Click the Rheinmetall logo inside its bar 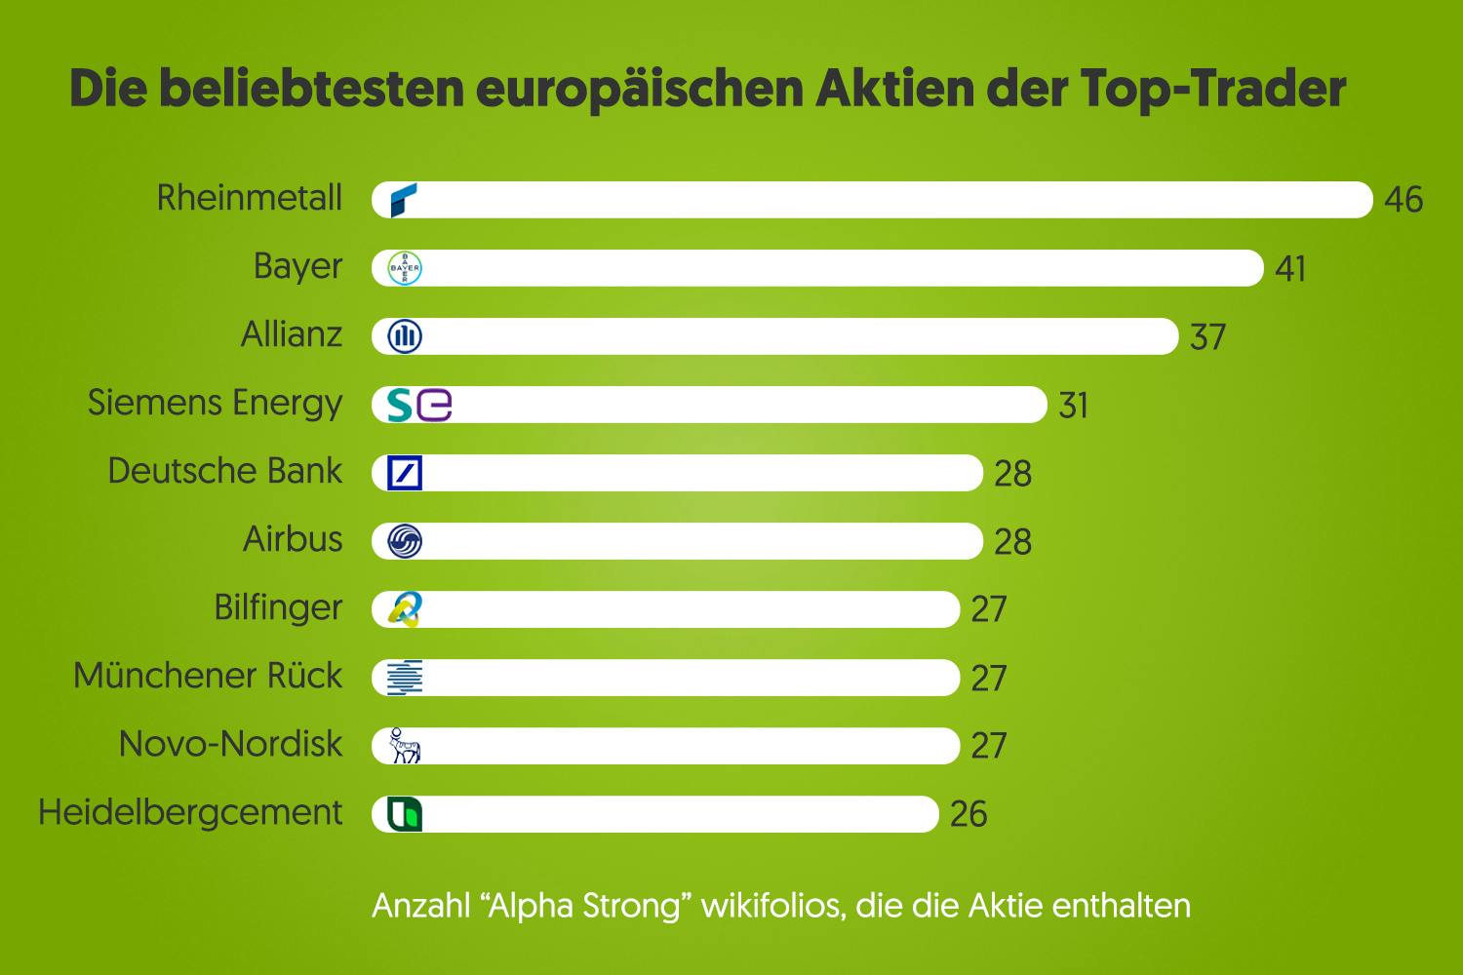pyautogui.click(x=404, y=200)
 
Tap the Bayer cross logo pyautogui.click(x=405, y=268)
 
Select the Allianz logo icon pyautogui.click(x=405, y=336)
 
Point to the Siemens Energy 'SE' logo pyautogui.click(x=419, y=405)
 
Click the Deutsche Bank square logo pyautogui.click(x=405, y=473)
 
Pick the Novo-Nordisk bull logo pyautogui.click(x=404, y=746)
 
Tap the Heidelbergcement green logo pyautogui.click(x=405, y=814)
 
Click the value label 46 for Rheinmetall pyautogui.click(x=1404, y=200)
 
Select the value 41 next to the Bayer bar pyautogui.click(x=1290, y=268)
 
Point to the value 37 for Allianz pyautogui.click(x=1207, y=337)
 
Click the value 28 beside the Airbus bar pyautogui.click(x=1012, y=542)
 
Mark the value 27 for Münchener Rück pyautogui.click(x=989, y=679)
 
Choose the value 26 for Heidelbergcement pyautogui.click(x=969, y=814)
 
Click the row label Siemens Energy pyautogui.click(x=215, y=404)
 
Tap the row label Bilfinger pyautogui.click(x=278, y=608)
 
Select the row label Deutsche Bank pyautogui.click(x=224, y=471)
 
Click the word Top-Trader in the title pyautogui.click(x=1213, y=89)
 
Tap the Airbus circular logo pyautogui.click(x=405, y=541)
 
